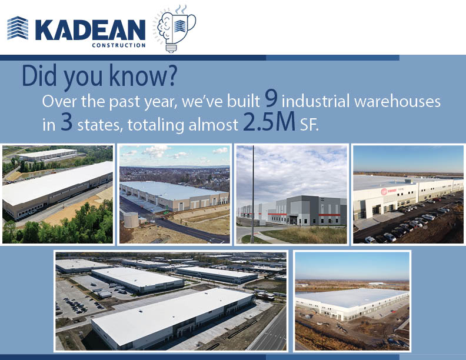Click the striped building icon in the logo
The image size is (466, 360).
(18, 28)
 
